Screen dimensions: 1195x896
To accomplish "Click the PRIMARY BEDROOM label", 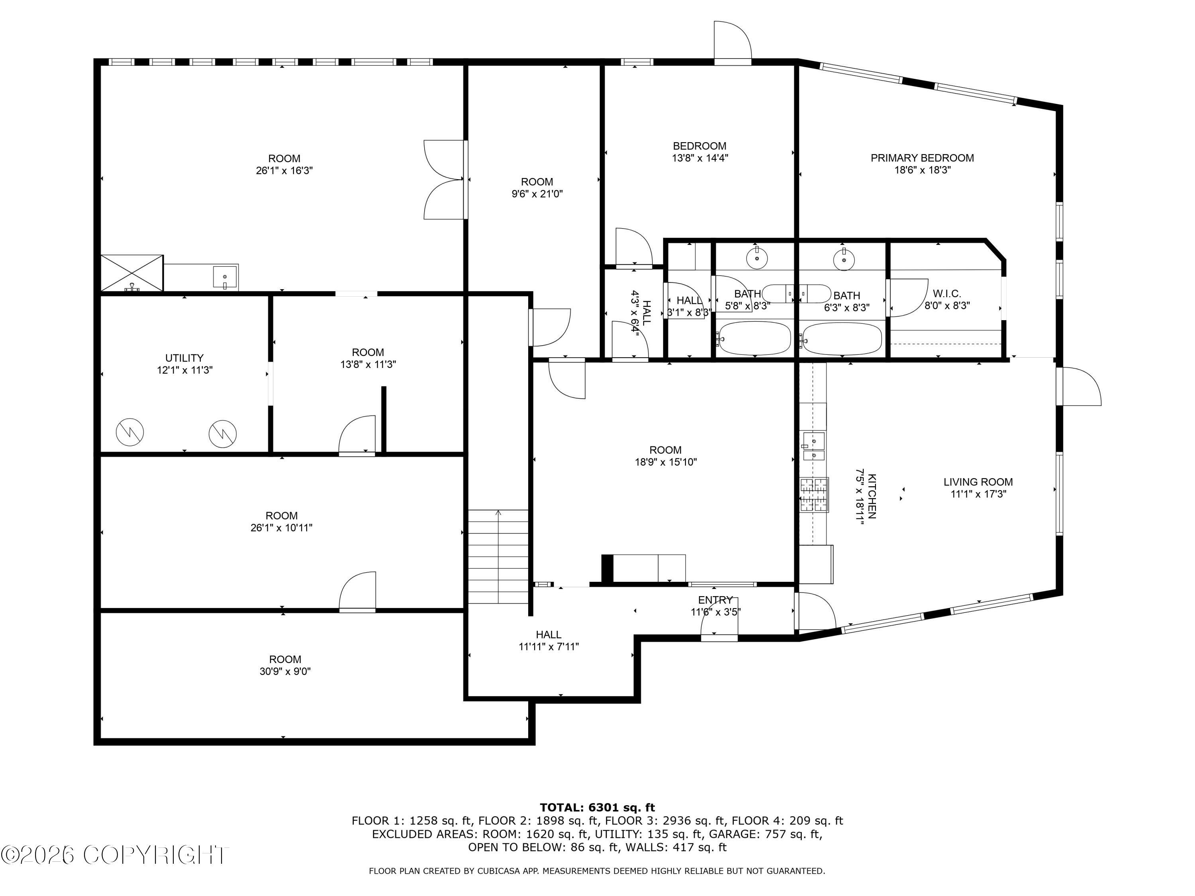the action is click(x=922, y=158).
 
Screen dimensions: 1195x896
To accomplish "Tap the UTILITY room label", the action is click(x=184, y=358).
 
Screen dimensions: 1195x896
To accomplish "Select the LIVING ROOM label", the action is click(x=978, y=482).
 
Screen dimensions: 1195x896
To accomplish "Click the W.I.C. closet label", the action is click(x=947, y=293).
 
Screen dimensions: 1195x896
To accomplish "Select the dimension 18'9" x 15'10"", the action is click(x=666, y=462).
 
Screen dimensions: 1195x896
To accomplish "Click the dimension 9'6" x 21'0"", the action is click(x=537, y=194).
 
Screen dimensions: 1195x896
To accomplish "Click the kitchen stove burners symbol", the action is click(x=813, y=495).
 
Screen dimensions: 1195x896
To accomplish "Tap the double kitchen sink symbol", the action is click(x=813, y=446).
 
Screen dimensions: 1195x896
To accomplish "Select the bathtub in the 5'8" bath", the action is click(x=754, y=338).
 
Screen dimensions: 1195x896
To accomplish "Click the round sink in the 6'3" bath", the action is click(x=843, y=260).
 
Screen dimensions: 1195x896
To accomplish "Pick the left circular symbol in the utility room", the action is click(x=130, y=432).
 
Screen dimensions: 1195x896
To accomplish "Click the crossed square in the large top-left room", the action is click(x=132, y=273).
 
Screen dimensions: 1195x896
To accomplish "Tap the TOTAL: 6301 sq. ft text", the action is click(x=597, y=808).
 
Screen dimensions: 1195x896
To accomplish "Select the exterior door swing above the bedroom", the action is click(x=733, y=41).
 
